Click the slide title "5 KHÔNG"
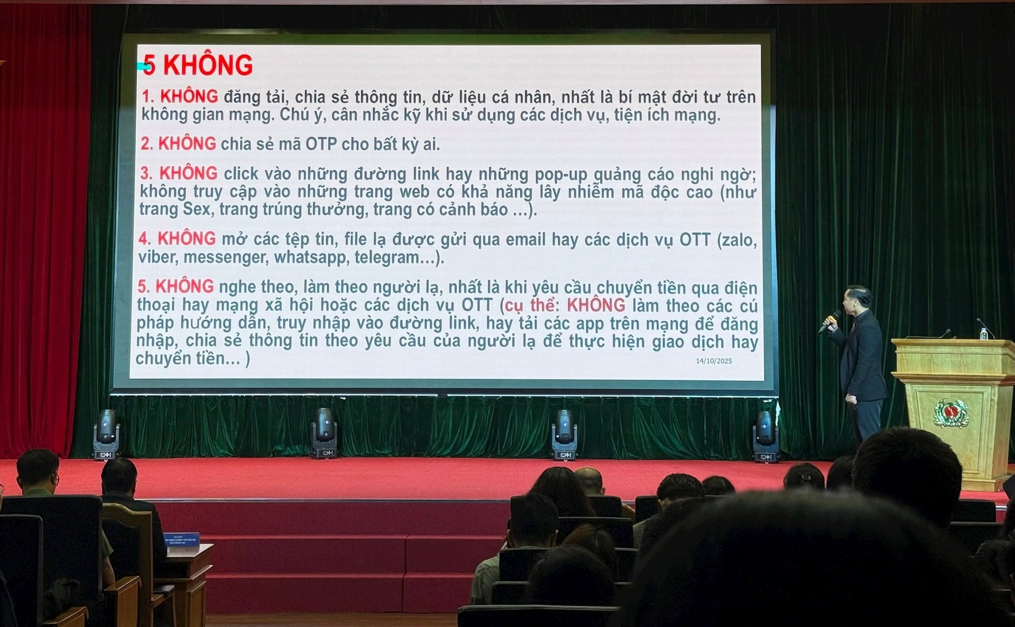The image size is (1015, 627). [198, 65]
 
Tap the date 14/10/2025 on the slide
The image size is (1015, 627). [714, 361]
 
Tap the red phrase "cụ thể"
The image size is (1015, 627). [529, 306]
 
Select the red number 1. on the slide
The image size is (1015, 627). [148, 97]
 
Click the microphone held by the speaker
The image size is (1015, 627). [829, 321]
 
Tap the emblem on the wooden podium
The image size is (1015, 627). [951, 413]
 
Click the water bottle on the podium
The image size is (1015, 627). [983, 333]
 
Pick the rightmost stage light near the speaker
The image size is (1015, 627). [765, 436]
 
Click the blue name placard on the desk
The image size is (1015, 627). [181, 542]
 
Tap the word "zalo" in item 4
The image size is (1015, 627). [739, 240]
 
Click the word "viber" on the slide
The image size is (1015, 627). [156, 257]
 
